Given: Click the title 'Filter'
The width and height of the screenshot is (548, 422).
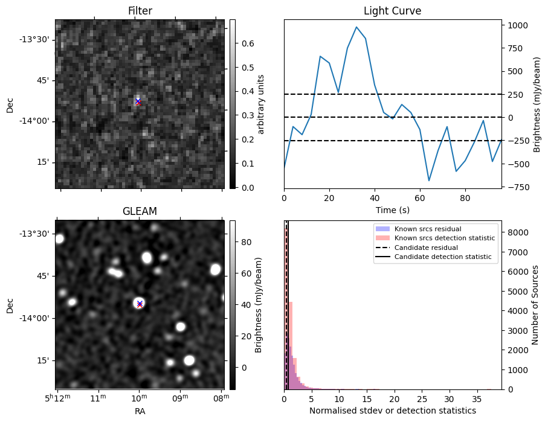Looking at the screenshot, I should coord(140,11).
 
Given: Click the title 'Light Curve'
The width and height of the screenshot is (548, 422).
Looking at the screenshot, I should coord(392,11).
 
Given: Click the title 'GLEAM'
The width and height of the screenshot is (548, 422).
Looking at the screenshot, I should coord(140,211).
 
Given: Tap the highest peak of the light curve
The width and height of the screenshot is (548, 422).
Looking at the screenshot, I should coord(356,27).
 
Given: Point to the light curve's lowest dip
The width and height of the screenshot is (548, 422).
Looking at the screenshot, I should coord(429,181).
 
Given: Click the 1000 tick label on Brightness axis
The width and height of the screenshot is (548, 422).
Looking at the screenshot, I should coord(518,25).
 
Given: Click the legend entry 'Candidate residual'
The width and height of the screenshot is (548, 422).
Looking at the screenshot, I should coord(427,248).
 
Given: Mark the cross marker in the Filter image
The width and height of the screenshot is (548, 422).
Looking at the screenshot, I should coord(138,102).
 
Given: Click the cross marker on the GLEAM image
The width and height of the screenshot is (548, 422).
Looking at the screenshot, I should coord(140,304).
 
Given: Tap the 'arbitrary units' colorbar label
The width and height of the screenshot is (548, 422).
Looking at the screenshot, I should coord(262,104).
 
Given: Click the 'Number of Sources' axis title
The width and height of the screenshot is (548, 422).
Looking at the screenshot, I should coord(535,305).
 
